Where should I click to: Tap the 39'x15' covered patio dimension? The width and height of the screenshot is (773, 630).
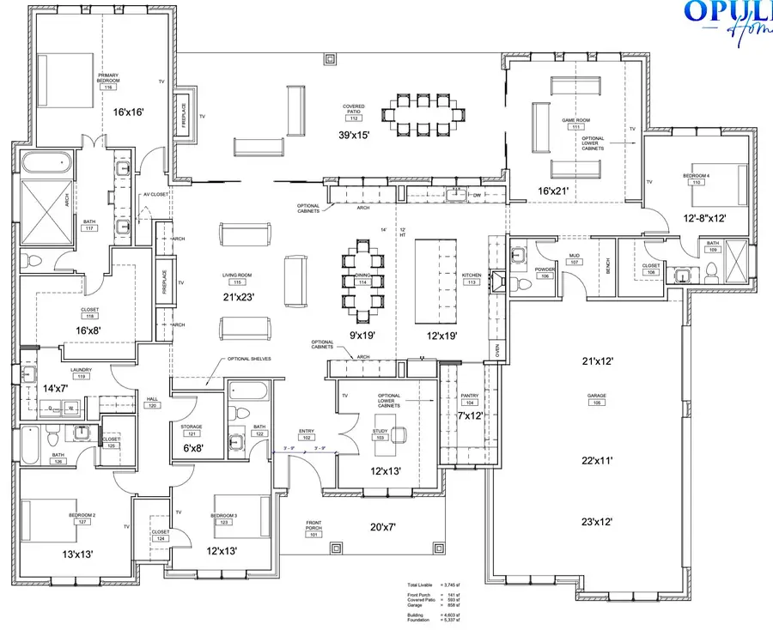(353, 136)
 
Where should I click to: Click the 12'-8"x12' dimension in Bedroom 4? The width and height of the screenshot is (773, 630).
(706, 218)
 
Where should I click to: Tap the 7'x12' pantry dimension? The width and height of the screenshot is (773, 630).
(471, 415)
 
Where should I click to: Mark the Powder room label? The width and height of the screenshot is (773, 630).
(544, 272)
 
